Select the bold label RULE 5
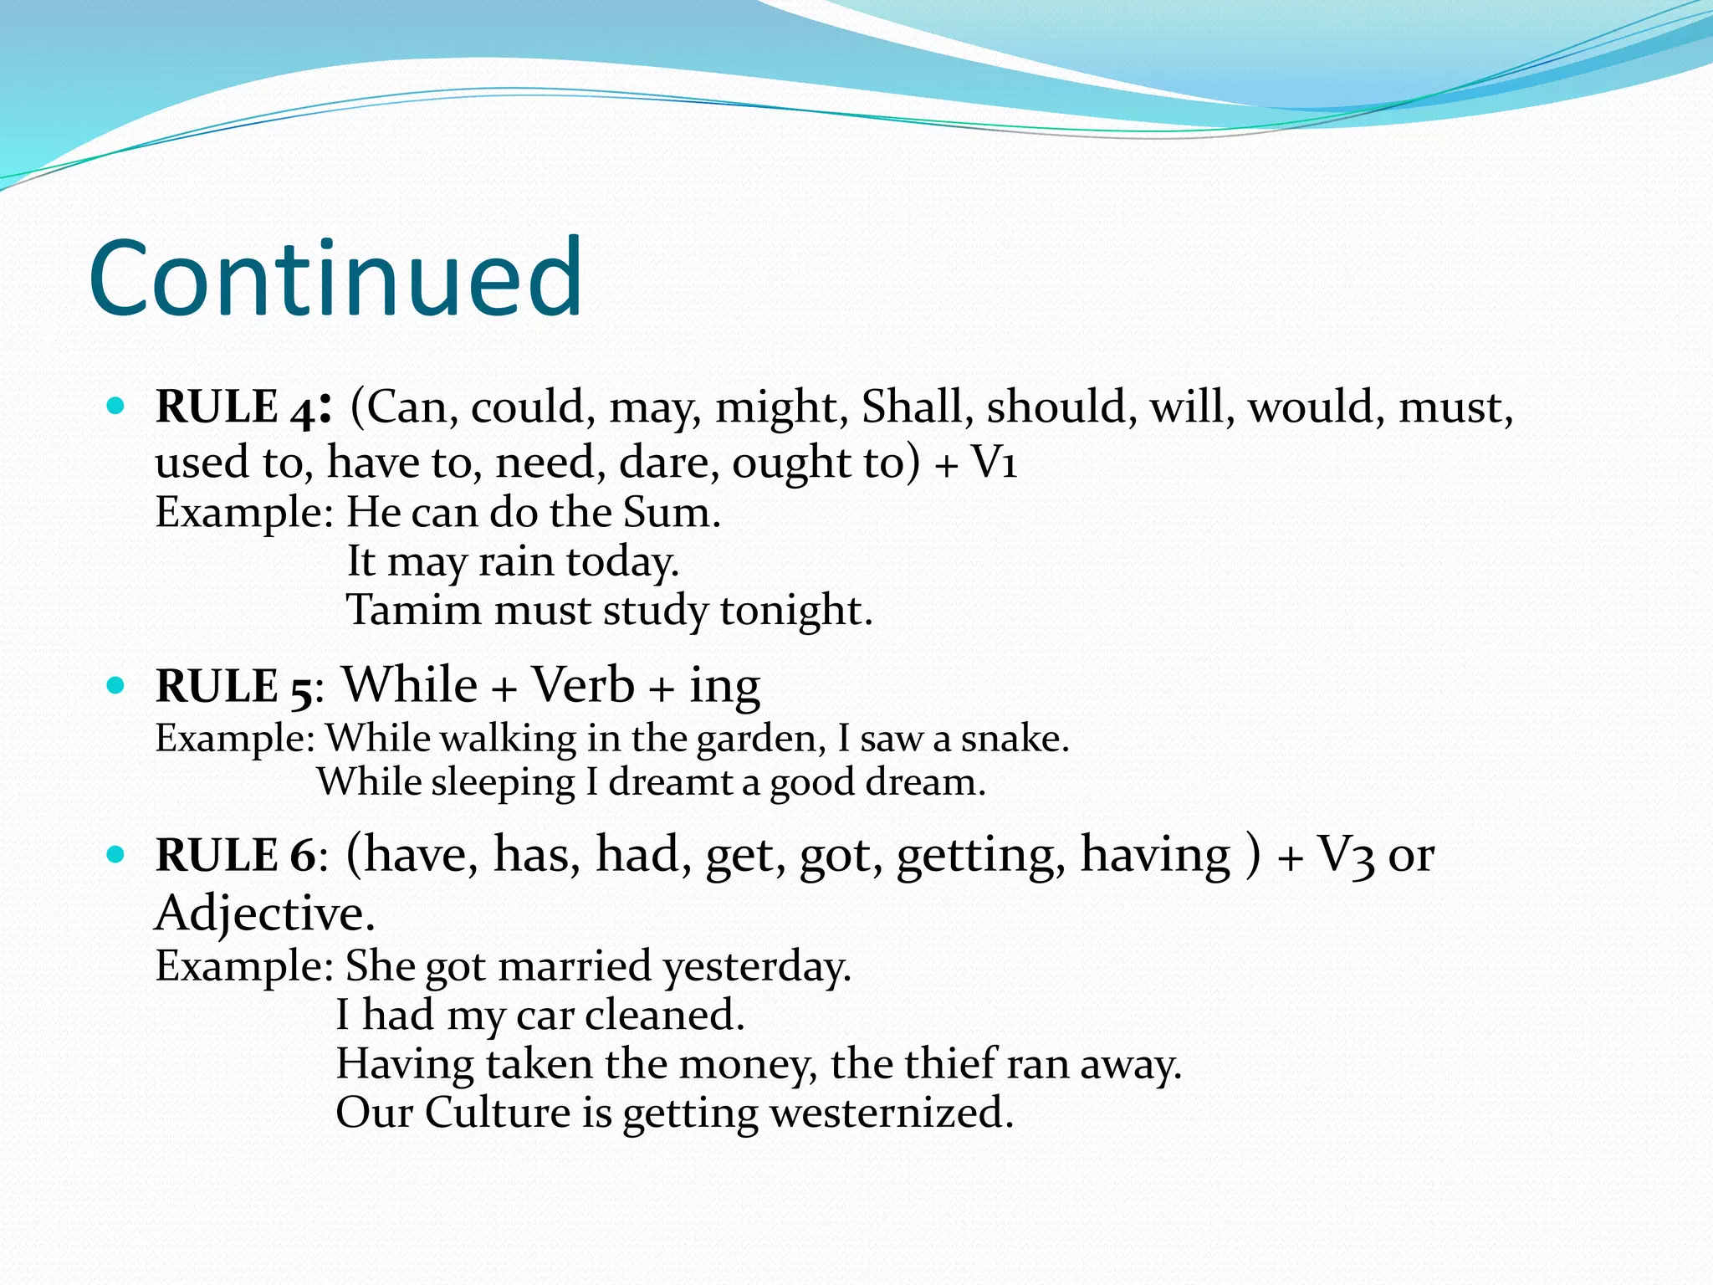coord(234,687)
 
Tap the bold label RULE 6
coord(237,856)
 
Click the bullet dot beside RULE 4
coord(116,407)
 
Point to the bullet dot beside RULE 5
coord(116,686)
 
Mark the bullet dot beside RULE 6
coord(116,855)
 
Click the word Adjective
coord(264,913)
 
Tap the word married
coord(575,966)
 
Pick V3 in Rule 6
coord(1347,856)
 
